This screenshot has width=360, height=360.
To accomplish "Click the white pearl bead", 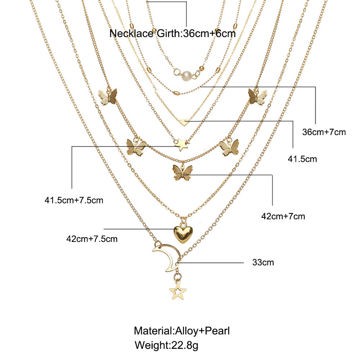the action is tap(186, 76).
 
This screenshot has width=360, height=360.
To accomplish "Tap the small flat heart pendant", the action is tap(184, 122).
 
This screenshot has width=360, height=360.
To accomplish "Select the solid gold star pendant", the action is tap(181, 145).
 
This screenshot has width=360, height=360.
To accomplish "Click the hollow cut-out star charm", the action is tap(178, 292).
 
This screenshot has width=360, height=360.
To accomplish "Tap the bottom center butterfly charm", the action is tap(183, 173).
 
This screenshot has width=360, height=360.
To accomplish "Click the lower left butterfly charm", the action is tap(136, 147).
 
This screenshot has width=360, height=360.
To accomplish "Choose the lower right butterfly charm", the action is tap(229, 147).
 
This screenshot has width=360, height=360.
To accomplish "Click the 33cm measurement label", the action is tap(263, 262).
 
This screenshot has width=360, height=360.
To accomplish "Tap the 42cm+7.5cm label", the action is tap(92, 239).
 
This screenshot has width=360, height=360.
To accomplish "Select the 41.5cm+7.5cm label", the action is tap(74, 200).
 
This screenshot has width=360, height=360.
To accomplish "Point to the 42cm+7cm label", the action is tap(283, 216).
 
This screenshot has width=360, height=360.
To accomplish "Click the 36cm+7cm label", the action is tap(324, 132).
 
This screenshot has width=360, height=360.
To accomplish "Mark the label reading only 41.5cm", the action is tap(302, 159).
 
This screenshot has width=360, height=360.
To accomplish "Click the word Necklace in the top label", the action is tap(131, 33).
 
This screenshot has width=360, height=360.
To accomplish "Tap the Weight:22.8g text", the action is tap(166, 345).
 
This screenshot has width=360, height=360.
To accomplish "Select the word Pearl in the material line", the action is tap(217, 331).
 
